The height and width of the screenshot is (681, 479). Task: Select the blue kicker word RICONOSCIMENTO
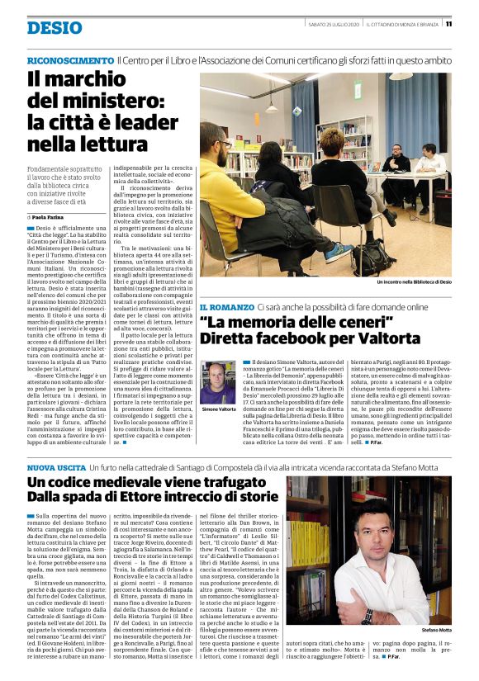tap(70, 61)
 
